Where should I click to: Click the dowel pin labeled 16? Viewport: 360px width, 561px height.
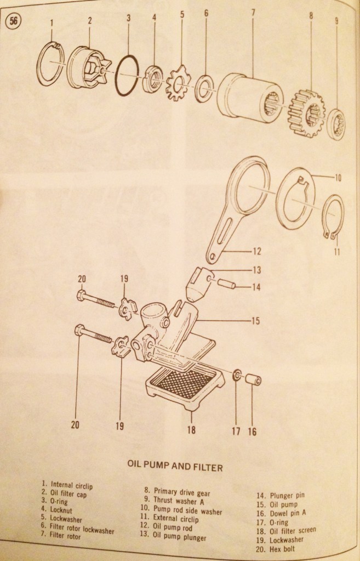point(253,379)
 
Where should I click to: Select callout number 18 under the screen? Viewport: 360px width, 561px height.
point(191,430)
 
